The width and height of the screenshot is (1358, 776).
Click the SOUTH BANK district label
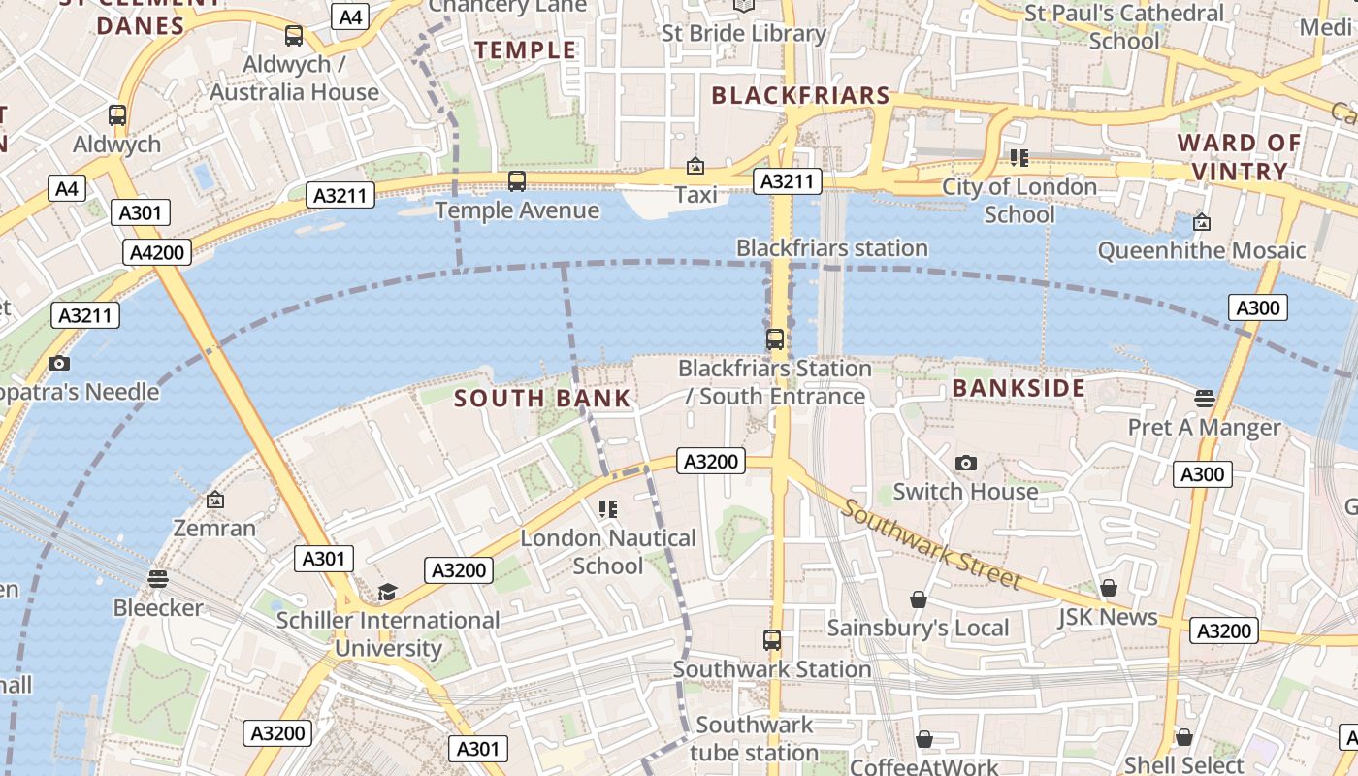coord(542,398)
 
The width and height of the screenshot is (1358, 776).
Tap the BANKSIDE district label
coord(1018,388)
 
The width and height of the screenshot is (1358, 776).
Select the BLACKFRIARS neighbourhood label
coord(800,95)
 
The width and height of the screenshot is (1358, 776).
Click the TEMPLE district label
coord(525,49)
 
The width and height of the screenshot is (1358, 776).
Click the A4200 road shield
coord(157,253)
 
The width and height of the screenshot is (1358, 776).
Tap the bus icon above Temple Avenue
coord(517,181)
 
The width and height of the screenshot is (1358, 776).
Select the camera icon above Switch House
coord(965,463)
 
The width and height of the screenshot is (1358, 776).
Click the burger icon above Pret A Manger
coord(1204,398)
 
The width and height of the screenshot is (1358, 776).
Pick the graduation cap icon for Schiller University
coord(387,592)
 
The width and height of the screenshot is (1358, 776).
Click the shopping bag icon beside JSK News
coord(1109,588)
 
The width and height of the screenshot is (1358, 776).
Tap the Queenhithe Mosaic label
coord(1201,250)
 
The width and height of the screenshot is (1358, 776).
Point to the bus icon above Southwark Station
coord(772,640)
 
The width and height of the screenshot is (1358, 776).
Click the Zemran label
coord(214,529)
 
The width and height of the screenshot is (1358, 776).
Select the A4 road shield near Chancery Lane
coord(350,16)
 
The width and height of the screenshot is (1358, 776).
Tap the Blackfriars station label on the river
coord(831,247)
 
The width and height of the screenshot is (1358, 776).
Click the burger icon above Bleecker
coord(158,579)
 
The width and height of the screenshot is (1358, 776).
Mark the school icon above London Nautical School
coord(608,508)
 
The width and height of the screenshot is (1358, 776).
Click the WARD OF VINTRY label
coord(1239,157)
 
